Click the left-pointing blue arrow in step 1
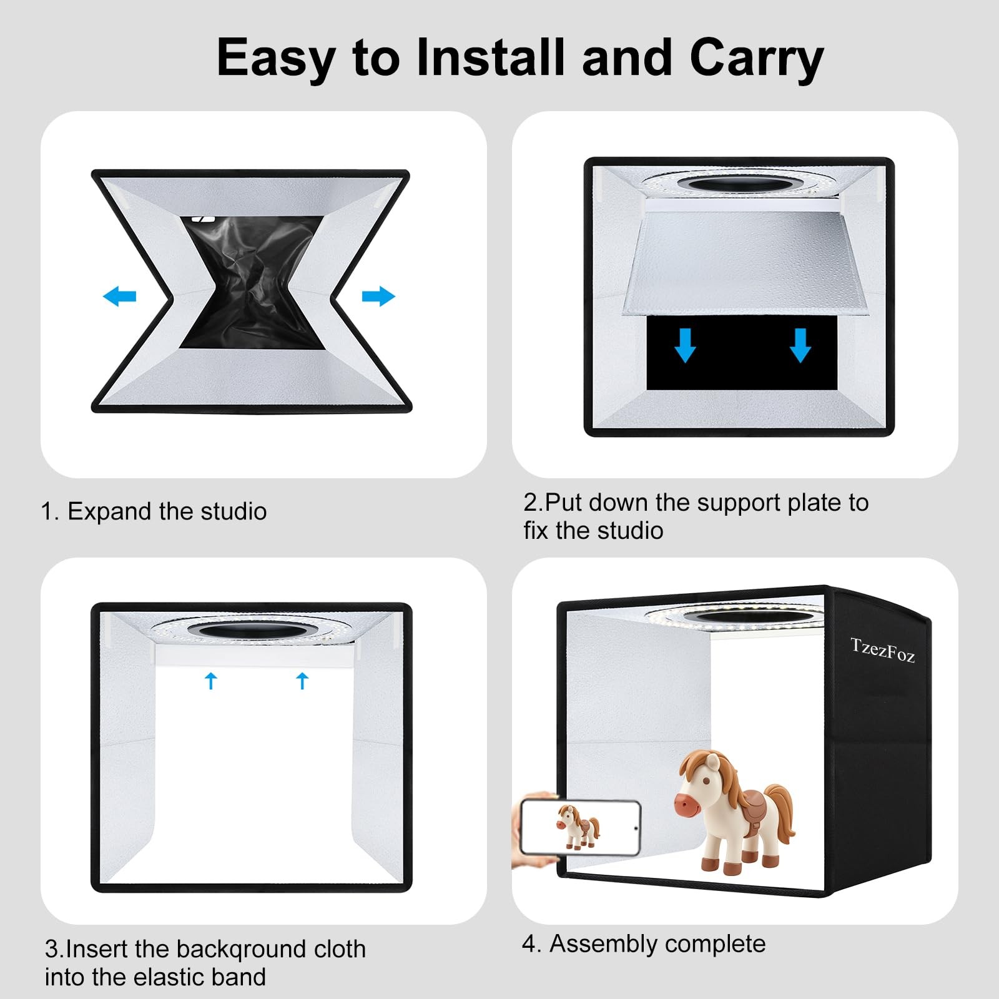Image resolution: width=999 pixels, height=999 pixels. [x=119, y=296]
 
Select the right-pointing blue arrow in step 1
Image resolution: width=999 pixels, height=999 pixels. [x=378, y=296]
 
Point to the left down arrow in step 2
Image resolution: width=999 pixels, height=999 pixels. [x=685, y=345]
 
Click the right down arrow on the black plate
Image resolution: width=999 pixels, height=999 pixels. [x=800, y=345]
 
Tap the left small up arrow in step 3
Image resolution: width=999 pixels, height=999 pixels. [x=211, y=681]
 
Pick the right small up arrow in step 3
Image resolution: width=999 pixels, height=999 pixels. [x=303, y=681]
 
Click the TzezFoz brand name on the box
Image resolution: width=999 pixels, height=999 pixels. [x=882, y=650]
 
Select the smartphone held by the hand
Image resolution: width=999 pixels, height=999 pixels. [x=580, y=827]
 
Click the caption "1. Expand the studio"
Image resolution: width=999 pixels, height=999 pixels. [x=154, y=511]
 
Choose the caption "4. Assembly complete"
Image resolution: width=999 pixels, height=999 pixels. [x=644, y=944]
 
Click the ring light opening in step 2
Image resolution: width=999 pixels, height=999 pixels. [x=737, y=185]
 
